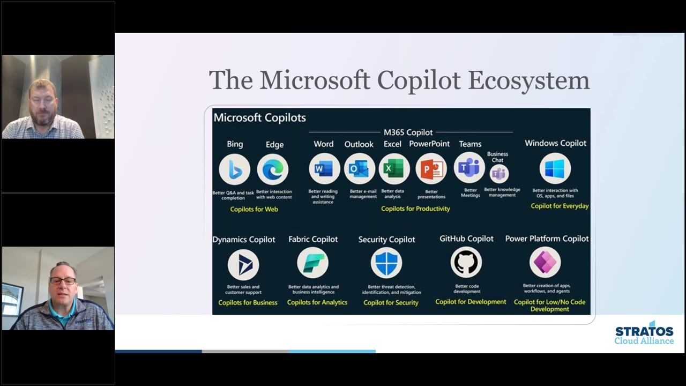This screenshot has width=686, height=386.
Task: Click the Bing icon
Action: click(x=235, y=169)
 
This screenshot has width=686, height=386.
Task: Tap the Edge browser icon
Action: click(x=273, y=170)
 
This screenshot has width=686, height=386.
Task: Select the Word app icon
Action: click(x=324, y=169)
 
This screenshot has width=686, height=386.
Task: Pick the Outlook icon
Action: click(x=359, y=169)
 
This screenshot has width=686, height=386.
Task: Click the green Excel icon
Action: click(x=394, y=169)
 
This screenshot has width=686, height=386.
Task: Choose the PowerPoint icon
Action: click(x=431, y=169)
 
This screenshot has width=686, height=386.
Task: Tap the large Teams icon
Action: click(x=469, y=168)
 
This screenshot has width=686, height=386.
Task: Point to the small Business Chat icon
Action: click(x=499, y=174)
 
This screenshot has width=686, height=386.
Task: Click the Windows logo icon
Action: click(x=555, y=168)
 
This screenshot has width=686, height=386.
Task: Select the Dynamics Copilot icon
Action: click(x=243, y=265)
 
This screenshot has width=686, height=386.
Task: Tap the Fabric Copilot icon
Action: click(x=312, y=263)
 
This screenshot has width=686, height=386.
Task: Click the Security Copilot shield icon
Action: click(x=386, y=263)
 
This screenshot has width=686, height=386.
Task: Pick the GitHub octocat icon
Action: click(x=466, y=263)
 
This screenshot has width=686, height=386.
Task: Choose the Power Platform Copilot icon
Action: click(x=545, y=262)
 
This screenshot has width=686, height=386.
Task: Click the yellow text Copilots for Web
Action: click(x=254, y=209)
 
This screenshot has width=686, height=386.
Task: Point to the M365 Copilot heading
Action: click(x=408, y=132)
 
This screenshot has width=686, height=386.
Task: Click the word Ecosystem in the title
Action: click(x=528, y=80)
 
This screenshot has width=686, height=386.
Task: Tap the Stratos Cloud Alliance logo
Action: click(x=644, y=333)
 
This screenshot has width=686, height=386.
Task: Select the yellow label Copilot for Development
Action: click(x=471, y=302)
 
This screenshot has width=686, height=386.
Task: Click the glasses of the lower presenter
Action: click(x=63, y=280)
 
